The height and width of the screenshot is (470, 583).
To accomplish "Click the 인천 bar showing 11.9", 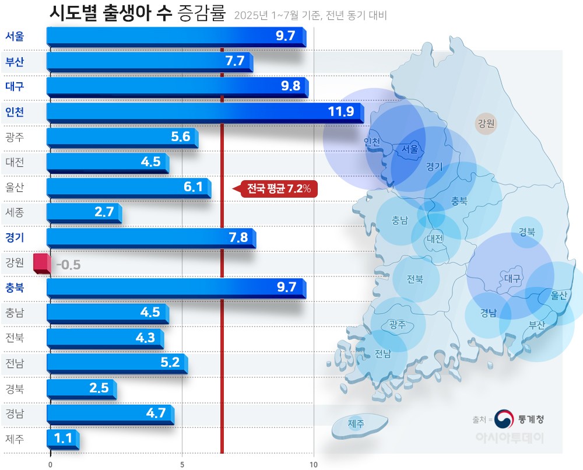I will [x=204, y=112].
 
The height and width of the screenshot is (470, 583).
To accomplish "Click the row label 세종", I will [x=14, y=212].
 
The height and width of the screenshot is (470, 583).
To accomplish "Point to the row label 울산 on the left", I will [x=14, y=187].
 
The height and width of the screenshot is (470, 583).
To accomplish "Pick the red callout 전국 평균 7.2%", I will [x=279, y=189].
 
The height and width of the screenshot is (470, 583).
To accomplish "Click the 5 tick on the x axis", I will [x=182, y=464].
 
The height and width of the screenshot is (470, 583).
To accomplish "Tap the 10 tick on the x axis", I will [x=314, y=464].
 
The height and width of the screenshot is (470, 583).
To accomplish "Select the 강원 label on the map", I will [x=486, y=124].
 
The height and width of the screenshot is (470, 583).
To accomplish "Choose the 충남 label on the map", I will [x=400, y=220].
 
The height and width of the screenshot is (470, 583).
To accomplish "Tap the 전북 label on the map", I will [x=415, y=279].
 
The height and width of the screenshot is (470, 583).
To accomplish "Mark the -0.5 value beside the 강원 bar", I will [x=68, y=265].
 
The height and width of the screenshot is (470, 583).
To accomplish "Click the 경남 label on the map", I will [x=489, y=313].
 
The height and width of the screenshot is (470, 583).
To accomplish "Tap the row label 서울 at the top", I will [x=15, y=36].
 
